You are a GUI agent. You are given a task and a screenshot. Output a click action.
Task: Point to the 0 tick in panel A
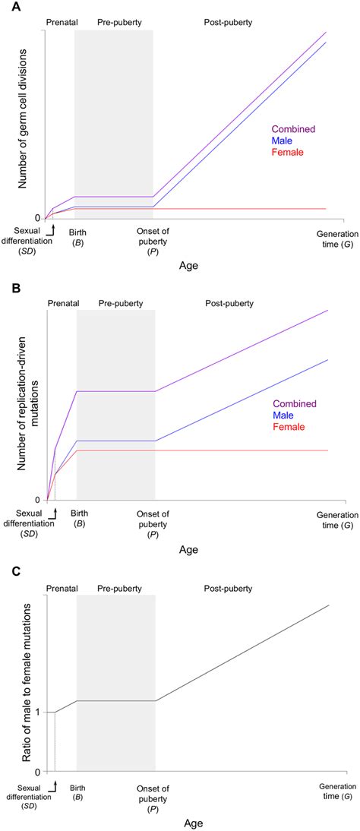pos(38,218)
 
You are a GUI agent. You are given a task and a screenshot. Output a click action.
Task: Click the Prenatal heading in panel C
pos(62,588)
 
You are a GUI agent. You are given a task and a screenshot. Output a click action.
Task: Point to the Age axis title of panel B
pos(186,548)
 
